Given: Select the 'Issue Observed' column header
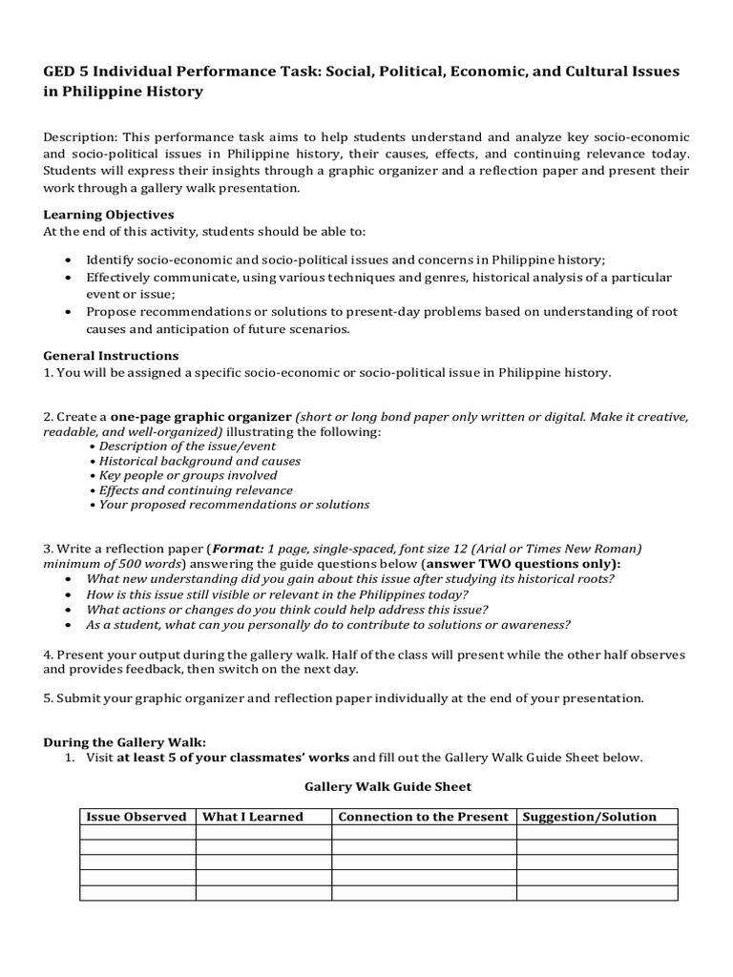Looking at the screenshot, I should pos(136,817).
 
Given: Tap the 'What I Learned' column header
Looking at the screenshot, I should pos(253,817).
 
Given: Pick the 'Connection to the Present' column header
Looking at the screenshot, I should pos(423,817).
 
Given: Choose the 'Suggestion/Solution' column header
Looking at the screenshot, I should pos(597,817).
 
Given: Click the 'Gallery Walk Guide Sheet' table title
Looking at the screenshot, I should pos(387,787).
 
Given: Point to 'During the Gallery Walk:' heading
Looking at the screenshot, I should pos(124,741).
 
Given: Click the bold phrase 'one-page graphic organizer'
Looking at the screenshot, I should pos(201,418).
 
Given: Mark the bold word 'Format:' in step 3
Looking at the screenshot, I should pos(239,549).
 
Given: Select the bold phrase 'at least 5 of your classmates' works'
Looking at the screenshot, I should pos(233,758).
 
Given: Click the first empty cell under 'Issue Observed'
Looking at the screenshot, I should pos(136,832).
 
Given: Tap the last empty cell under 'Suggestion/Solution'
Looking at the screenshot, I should pos(597,893).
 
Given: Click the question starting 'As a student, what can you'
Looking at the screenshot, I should pos(328,625).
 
